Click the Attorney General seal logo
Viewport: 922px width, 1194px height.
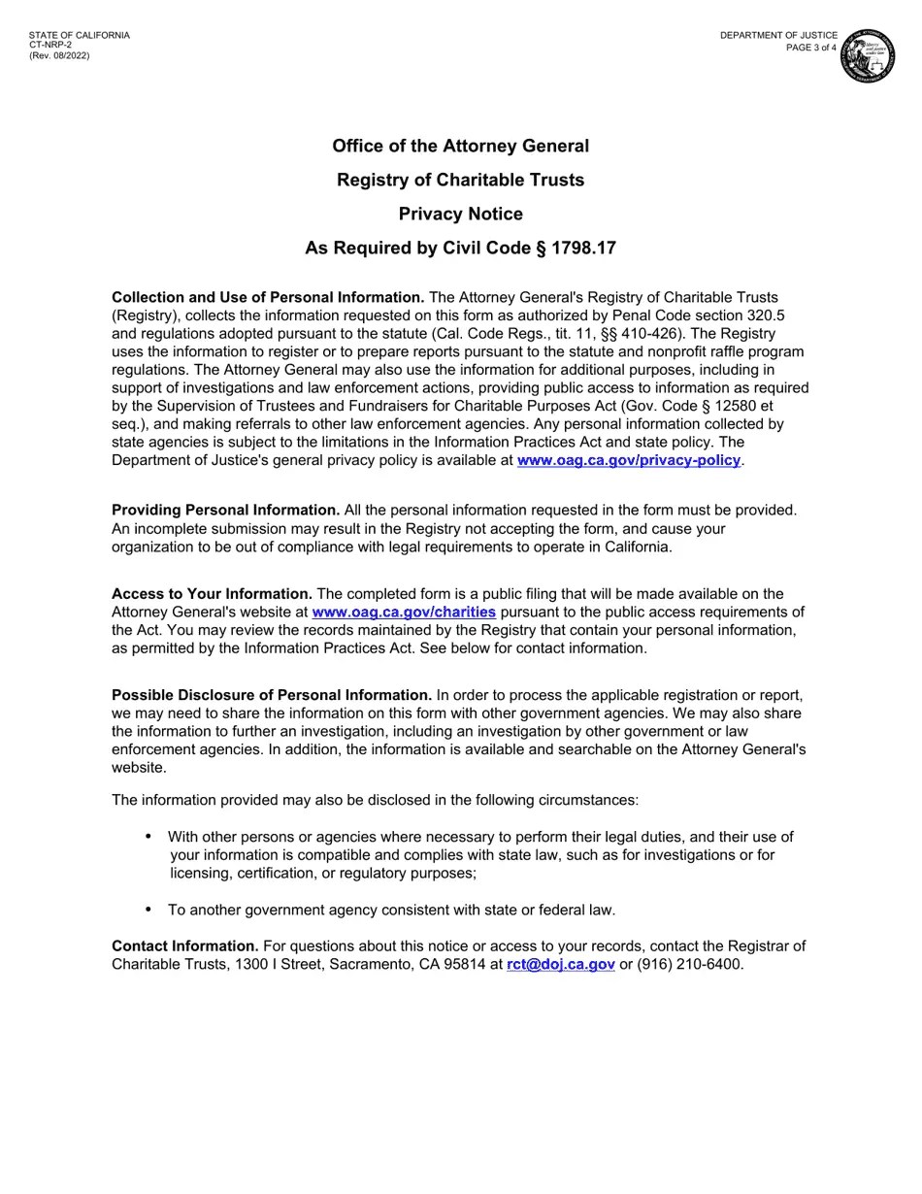867,55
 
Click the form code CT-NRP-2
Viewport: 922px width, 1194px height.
49,46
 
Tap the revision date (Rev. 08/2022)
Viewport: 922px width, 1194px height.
58,56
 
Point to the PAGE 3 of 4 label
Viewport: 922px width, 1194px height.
810,48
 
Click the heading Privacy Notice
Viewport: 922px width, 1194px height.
460,215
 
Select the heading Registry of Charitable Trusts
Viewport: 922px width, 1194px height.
460,181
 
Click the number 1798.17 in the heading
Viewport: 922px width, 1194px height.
583,249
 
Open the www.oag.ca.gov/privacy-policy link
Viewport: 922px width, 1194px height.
628,460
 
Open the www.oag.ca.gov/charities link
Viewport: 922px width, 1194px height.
404,613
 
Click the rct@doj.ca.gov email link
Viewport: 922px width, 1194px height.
560,965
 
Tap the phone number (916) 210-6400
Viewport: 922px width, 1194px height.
689,965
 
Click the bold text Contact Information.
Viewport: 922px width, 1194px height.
184,946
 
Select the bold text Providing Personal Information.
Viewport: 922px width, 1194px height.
225,511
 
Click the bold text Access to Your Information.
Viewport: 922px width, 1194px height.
212,594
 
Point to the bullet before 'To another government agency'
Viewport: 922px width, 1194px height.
148,910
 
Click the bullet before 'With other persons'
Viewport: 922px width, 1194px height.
148,837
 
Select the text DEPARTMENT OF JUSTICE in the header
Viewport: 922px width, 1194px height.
778,36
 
